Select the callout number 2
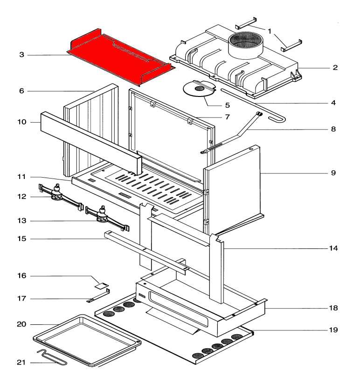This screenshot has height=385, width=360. [x=335, y=68]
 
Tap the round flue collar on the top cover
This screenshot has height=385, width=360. [x=243, y=44]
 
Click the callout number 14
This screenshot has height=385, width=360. [x=333, y=248]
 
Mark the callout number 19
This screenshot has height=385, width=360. [x=333, y=330]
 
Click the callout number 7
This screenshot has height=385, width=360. [x=228, y=117]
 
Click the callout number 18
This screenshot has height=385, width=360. [x=333, y=308]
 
